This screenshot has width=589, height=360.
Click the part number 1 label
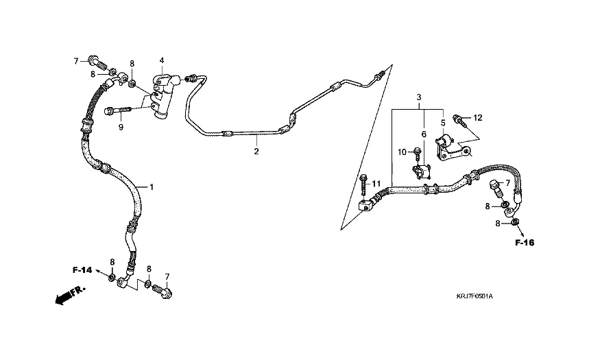pyautogui.click(x=152, y=187)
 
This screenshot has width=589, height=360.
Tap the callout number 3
pyautogui.click(x=419, y=99)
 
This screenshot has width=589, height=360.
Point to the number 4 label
pyautogui.click(x=162, y=61)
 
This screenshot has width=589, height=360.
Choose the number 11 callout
pyautogui.click(x=376, y=184)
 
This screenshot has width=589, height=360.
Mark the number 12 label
pyautogui.click(x=478, y=118)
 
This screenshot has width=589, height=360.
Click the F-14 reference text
pyautogui.click(x=82, y=269)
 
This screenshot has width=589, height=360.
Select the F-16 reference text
pyautogui.click(x=525, y=243)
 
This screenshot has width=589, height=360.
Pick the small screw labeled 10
pyautogui.click(x=416, y=152)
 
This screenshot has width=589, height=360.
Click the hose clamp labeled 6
pyautogui.click(x=419, y=170)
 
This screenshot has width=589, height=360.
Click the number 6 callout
pyautogui.click(x=424, y=134)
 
